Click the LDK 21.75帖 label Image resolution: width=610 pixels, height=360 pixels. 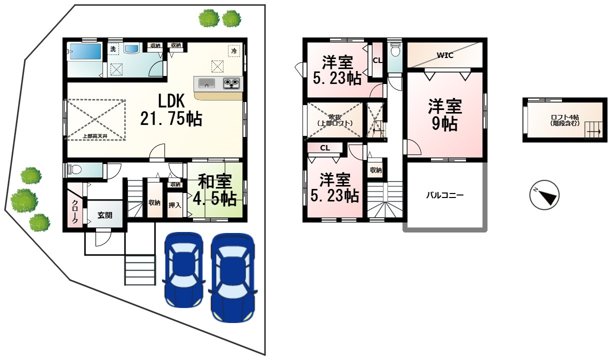click(172, 109)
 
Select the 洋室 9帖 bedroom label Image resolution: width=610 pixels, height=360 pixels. click(444, 114)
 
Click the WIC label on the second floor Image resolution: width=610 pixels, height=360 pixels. click(444, 55)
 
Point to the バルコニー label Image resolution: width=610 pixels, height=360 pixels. click(444, 195)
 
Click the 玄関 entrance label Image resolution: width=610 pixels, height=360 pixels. click(104, 215)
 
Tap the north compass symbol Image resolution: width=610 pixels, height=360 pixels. click(544, 195)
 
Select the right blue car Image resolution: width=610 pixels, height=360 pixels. click(232, 277)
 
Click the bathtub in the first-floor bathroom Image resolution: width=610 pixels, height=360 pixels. click(85, 51)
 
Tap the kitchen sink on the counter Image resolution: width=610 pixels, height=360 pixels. click(205, 83)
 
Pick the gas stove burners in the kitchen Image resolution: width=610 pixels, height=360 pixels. click(231, 83)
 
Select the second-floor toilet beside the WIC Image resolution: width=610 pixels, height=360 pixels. click(395, 50)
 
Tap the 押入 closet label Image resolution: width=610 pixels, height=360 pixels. click(174, 205)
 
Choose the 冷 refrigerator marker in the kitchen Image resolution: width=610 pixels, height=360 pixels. click(234, 50)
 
